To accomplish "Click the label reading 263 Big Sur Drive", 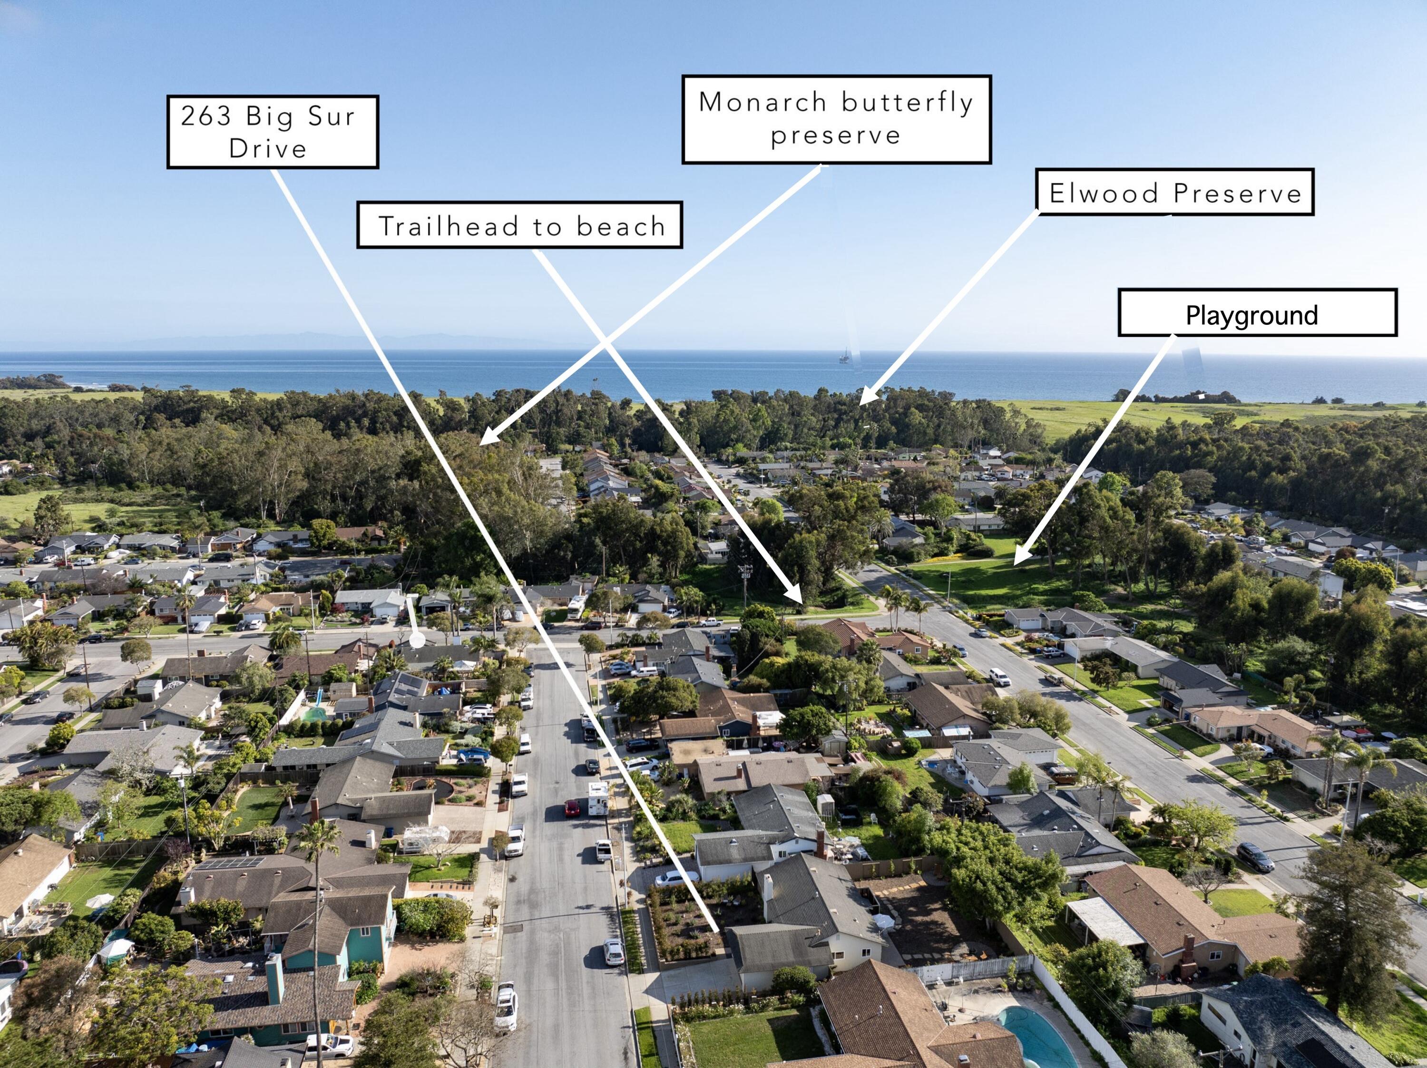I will pos(272,132).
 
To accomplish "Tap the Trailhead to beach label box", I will pos(519,225).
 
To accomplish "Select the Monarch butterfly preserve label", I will pos(836,119).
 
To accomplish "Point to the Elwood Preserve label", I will pos(1174,192).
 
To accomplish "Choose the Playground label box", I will pos(1257,313).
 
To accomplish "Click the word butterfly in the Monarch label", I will pos(907,102).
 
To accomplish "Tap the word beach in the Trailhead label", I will pos(621,226).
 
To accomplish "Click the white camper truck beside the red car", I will pos(598,798).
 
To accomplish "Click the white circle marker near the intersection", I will pos(417,641).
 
